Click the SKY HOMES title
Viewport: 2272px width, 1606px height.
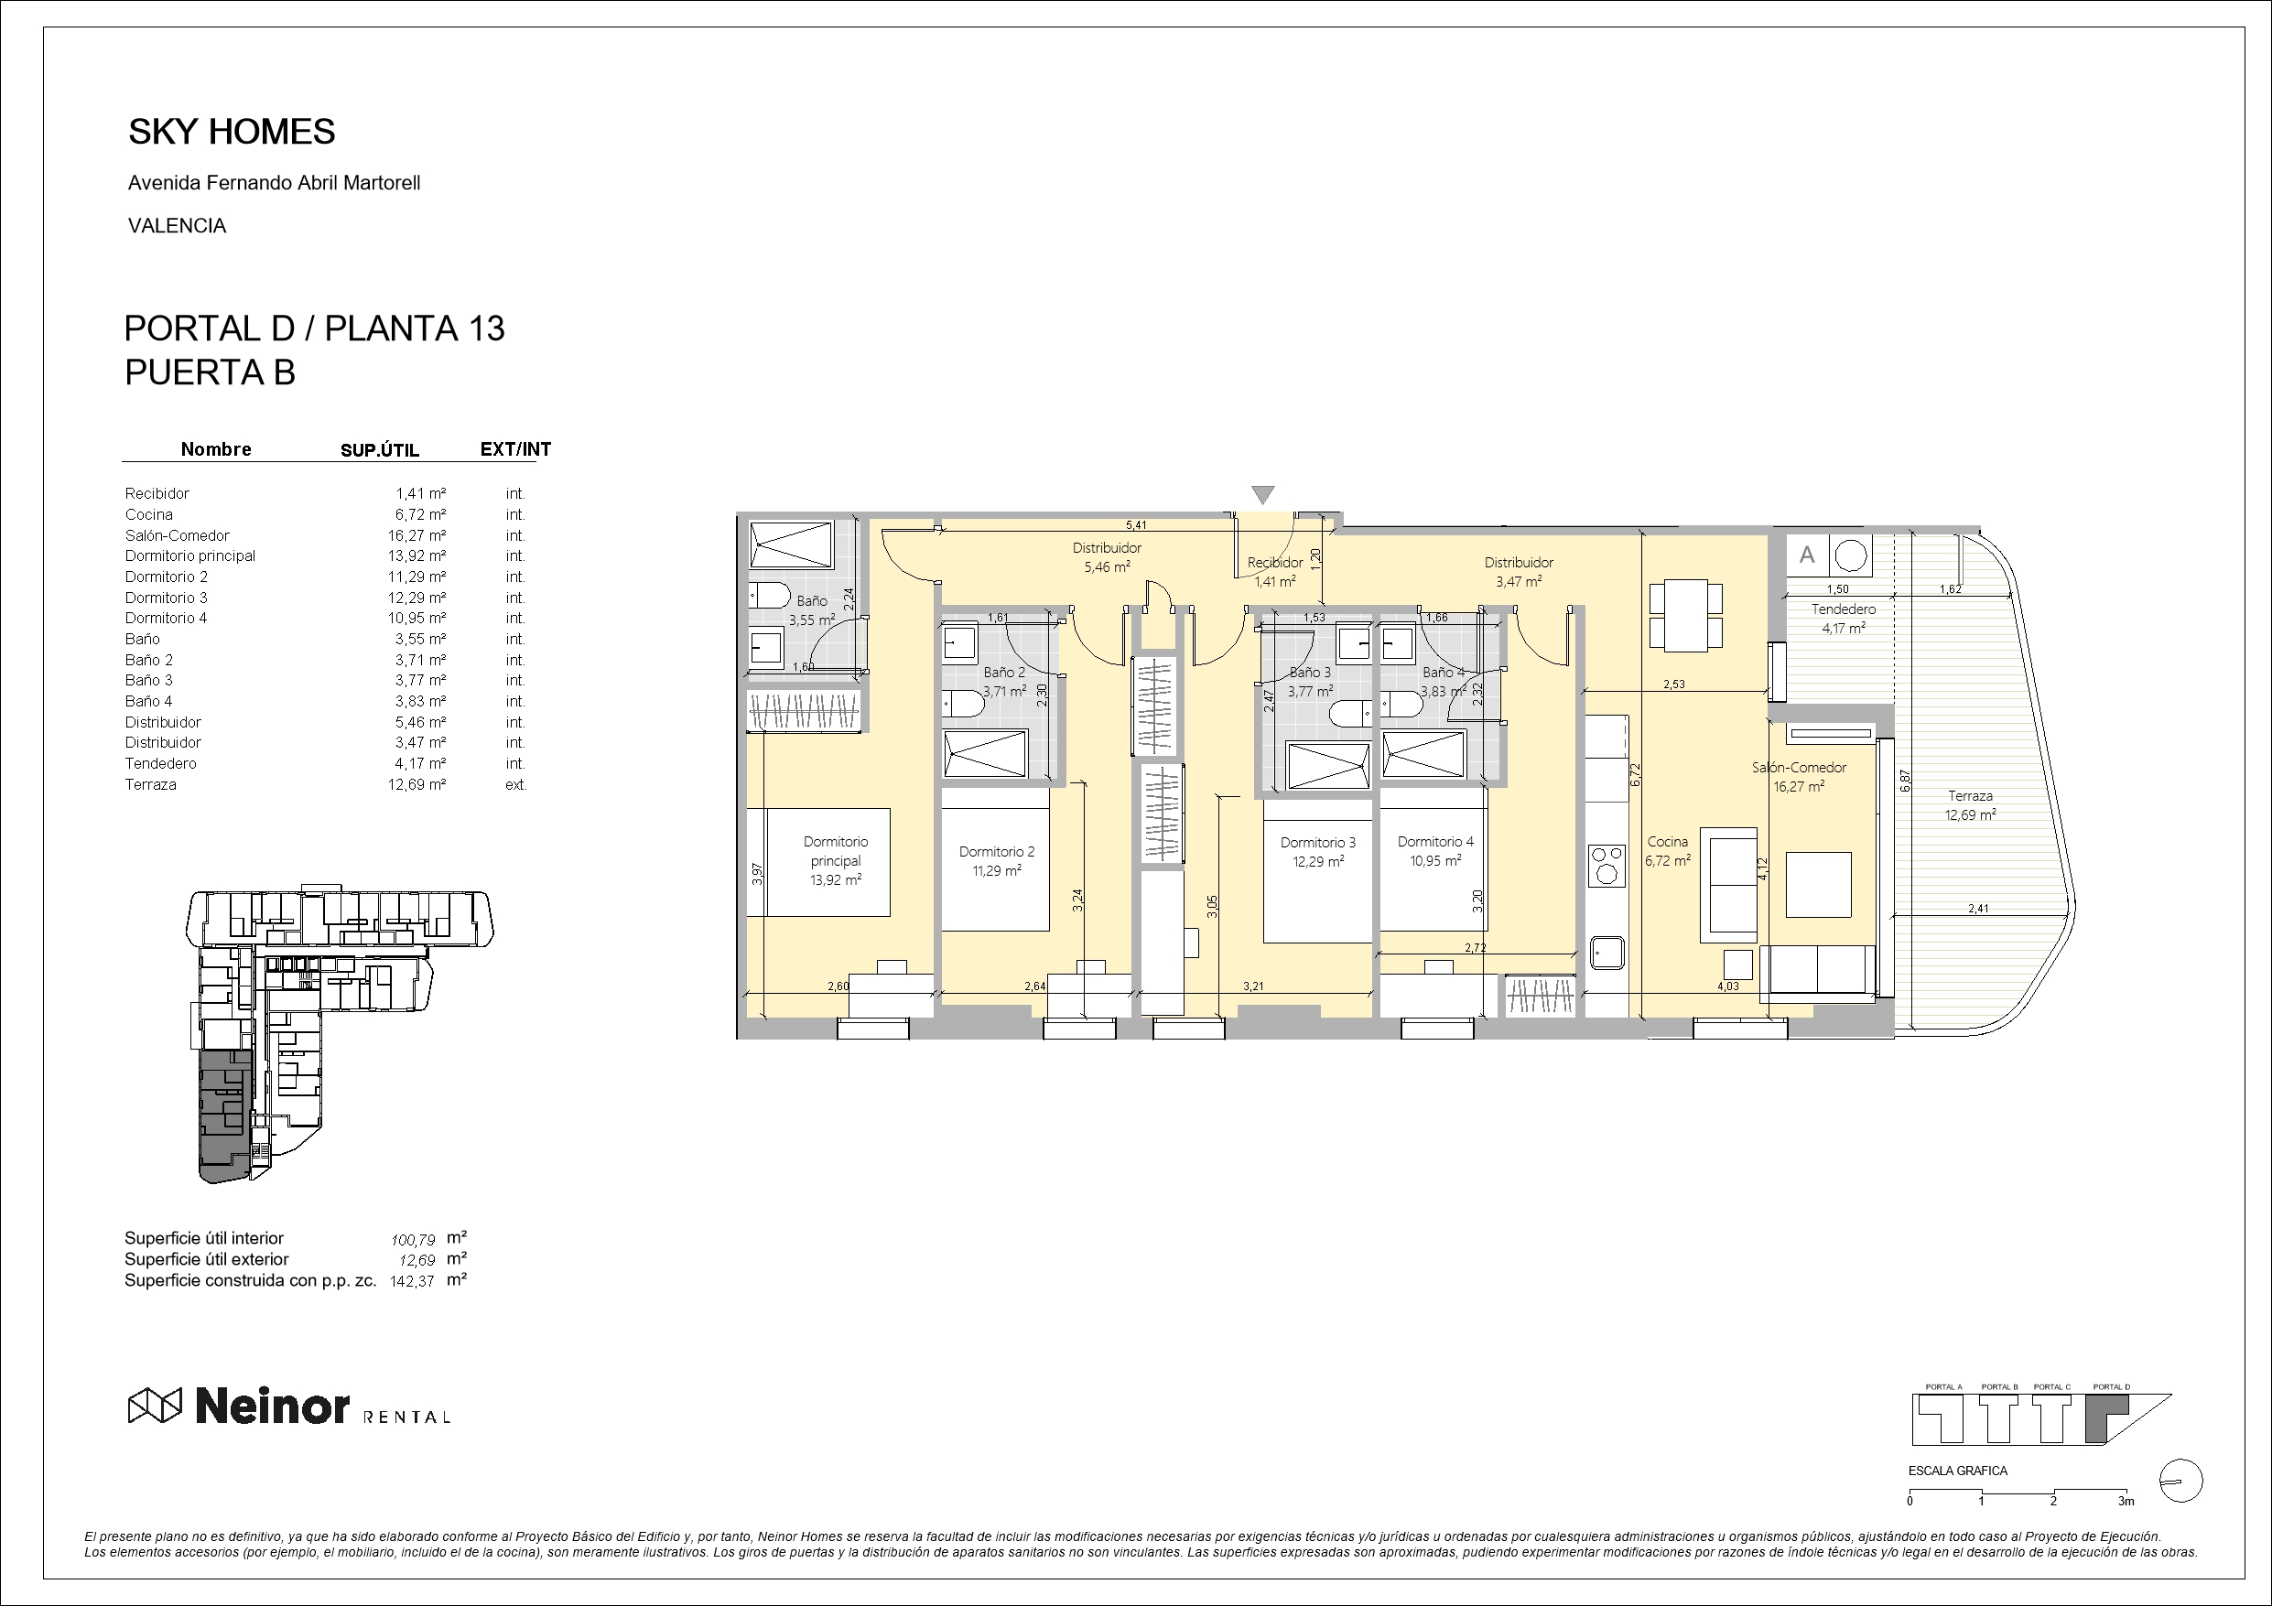pyautogui.click(x=232, y=132)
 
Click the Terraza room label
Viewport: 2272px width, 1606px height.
pyautogui.click(x=1970, y=795)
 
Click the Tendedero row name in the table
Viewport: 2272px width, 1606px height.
pyautogui.click(x=160, y=764)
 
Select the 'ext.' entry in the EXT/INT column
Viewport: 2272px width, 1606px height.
pyautogui.click(x=515, y=784)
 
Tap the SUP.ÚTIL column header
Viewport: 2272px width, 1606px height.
pyautogui.click(x=380, y=450)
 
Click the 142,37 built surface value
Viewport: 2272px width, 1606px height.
pyautogui.click(x=413, y=1280)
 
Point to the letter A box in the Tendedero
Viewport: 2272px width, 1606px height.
pyautogui.click(x=1807, y=555)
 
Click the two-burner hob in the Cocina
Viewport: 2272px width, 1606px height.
pyautogui.click(x=1606, y=864)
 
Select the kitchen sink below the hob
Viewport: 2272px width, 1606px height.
pyautogui.click(x=1607, y=953)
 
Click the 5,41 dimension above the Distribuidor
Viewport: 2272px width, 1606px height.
pyautogui.click(x=1136, y=525)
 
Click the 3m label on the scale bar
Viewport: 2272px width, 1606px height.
pyautogui.click(x=2126, y=1501)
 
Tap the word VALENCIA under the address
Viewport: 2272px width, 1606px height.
pyautogui.click(x=178, y=227)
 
